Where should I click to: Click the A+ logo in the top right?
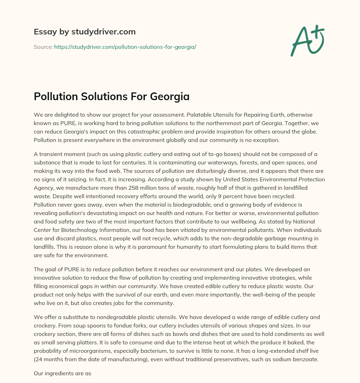pos(307,41)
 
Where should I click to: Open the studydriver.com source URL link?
pos(125,47)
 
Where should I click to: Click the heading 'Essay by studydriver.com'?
pos(84,32)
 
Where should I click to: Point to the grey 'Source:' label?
pos(43,47)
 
